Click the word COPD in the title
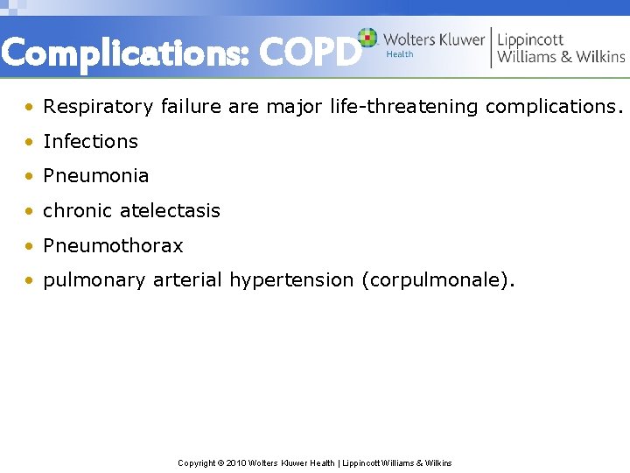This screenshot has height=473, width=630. pyautogui.click(x=310, y=54)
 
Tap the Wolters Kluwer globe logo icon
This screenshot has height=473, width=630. pyautogui.click(x=368, y=38)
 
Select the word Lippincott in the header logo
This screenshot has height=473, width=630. pyautogui.click(x=530, y=39)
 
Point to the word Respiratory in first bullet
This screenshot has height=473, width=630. pyautogui.click(x=99, y=107)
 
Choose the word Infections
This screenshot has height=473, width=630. pyautogui.click(x=90, y=141)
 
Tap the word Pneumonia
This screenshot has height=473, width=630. pyautogui.click(x=95, y=175)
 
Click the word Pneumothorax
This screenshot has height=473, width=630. pyautogui.click(x=113, y=246)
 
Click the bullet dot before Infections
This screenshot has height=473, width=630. pyautogui.click(x=31, y=142)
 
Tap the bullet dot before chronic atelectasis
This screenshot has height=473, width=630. pyautogui.click(x=31, y=211)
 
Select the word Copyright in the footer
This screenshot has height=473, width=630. pyautogui.click(x=197, y=462)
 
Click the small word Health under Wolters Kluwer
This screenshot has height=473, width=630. pyautogui.click(x=400, y=54)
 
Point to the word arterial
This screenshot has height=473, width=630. pyautogui.click(x=187, y=281)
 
